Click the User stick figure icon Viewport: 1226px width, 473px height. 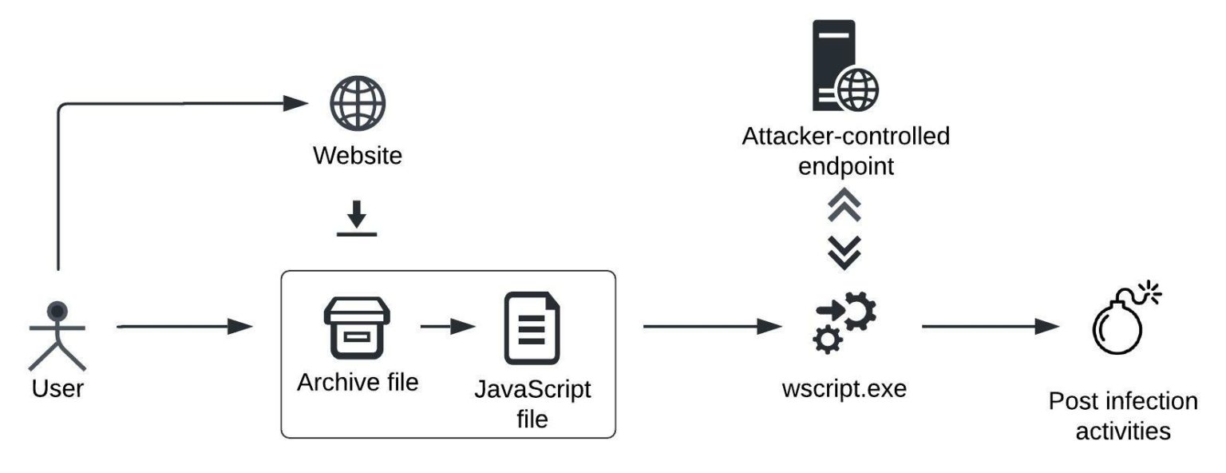tap(57, 335)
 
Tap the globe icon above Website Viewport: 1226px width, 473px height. tap(358, 104)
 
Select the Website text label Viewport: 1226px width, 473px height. tap(358, 155)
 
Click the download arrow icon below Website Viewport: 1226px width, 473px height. tap(356, 220)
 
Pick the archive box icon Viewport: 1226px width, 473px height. tap(356, 329)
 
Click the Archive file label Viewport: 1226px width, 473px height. tap(358, 382)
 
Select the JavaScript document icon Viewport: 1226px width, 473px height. tap(532, 328)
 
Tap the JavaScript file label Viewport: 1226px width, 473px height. tap(532, 404)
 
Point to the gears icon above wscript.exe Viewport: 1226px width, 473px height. tap(844, 323)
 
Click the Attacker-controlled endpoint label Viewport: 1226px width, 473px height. tap(846, 151)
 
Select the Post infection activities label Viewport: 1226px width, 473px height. tap(1123, 415)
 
